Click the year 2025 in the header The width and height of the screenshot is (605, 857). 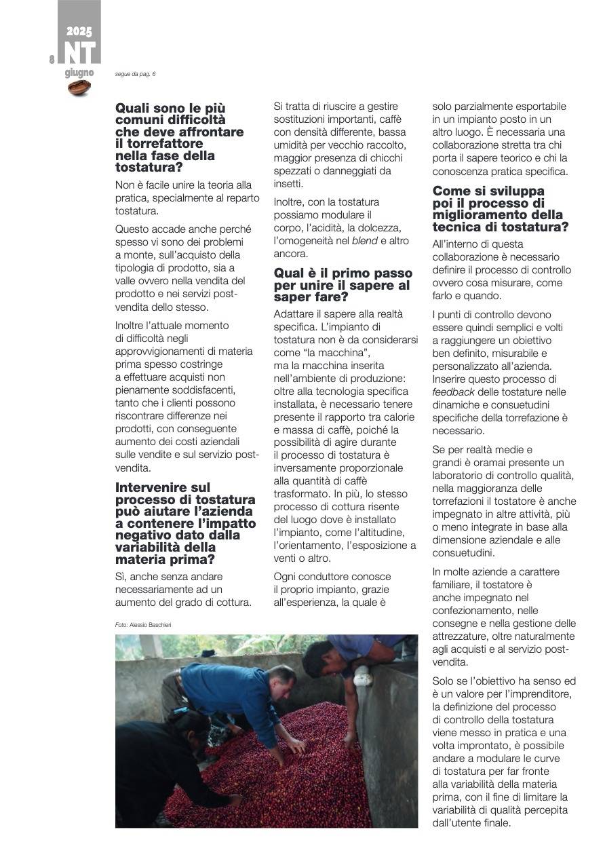79,31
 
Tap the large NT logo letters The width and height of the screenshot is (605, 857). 79,53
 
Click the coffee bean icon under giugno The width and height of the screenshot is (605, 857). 79,88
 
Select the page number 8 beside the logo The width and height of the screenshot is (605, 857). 52,60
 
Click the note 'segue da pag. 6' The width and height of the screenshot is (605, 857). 135,74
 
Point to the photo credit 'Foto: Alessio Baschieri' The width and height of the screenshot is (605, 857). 143,624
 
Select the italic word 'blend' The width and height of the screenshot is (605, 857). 365,241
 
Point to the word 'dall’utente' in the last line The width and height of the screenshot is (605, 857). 458,823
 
